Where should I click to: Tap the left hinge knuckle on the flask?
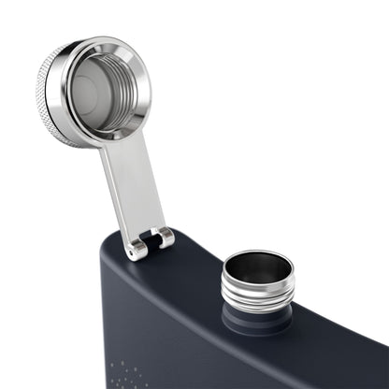[137, 247]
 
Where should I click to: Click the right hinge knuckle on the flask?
[166, 238]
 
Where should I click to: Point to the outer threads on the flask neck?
[257, 297]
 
